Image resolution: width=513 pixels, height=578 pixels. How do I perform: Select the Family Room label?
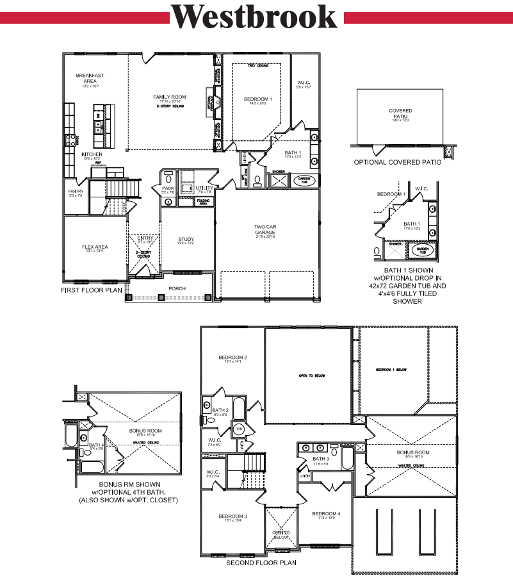click(x=170, y=97)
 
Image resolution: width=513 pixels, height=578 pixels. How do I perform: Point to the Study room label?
click(x=186, y=240)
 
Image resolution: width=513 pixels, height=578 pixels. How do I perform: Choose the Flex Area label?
click(x=94, y=247)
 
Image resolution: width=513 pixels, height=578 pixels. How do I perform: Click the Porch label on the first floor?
click(x=177, y=288)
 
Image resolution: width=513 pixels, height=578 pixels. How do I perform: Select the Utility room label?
click(x=204, y=187)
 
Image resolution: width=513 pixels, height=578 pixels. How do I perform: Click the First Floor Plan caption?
click(x=91, y=290)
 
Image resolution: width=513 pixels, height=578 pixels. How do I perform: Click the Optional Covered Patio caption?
click(x=397, y=162)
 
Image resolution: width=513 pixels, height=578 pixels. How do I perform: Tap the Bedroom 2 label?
click(x=232, y=358)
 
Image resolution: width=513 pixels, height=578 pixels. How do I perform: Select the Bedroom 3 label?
click(x=232, y=516)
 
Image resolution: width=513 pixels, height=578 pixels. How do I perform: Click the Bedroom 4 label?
click(x=327, y=514)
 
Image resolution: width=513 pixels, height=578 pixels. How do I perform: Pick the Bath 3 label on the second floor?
click(x=321, y=459)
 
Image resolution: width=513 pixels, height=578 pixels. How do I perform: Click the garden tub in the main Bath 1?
click(x=304, y=181)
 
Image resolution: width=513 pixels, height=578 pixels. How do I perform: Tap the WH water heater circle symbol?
click(x=238, y=428)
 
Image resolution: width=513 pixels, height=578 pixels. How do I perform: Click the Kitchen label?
click(x=92, y=154)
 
